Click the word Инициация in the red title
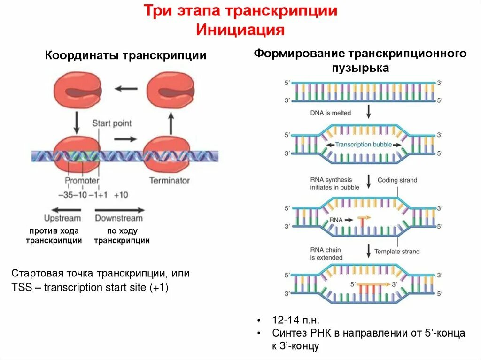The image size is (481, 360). pos(240,30)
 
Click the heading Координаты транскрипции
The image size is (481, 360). pos(125,56)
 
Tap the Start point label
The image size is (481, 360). pos(112,123)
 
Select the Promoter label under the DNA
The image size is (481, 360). pos(82,180)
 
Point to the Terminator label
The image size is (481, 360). pos(169,180)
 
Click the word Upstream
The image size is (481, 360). pos(62,218)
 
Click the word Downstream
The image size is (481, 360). pos(119,218)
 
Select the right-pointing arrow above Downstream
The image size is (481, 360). pos(120,210)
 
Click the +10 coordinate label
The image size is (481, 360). pos(121,195)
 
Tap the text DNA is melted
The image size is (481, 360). pos(330,113)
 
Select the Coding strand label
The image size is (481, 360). pos(397,180)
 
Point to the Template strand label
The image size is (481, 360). pos(396,252)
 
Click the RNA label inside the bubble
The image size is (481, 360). pos(336,219)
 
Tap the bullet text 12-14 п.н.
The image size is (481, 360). pos(296,321)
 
